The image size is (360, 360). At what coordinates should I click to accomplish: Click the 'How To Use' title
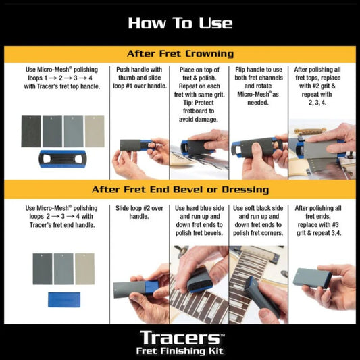pyautogui.click(x=180, y=23)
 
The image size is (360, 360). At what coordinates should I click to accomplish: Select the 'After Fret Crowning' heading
pyautogui.click(x=180, y=53)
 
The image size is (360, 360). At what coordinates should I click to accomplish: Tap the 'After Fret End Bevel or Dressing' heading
pyautogui.click(x=180, y=190)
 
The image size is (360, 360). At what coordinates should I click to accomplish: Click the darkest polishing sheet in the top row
pyautogui.click(x=31, y=131)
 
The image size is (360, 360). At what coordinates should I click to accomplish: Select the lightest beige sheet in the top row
pyautogui.click(x=95, y=130)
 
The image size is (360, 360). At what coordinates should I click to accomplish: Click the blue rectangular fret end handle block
pyautogui.click(x=63, y=299)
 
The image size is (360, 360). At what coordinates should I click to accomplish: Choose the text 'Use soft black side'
pyautogui.click(x=259, y=210)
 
